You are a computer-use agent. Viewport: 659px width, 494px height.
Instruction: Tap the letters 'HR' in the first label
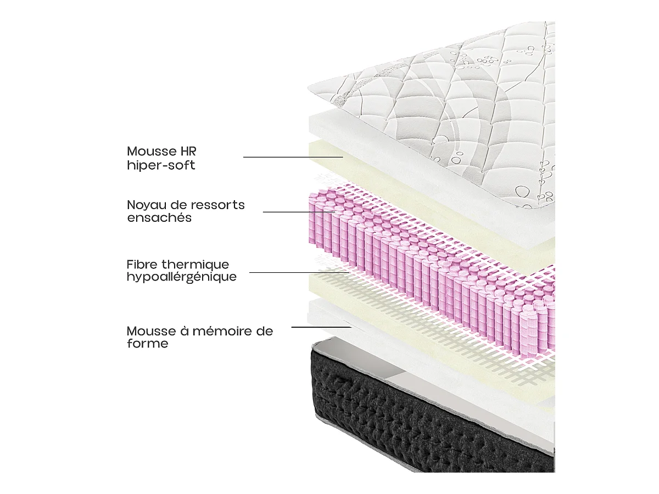point(187,151)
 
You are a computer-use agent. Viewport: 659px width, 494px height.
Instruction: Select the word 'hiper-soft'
point(161,165)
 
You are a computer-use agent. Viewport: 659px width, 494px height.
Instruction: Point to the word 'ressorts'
point(218,205)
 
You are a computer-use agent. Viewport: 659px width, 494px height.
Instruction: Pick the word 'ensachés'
point(159,218)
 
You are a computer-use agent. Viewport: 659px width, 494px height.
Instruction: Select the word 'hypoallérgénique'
point(181,277)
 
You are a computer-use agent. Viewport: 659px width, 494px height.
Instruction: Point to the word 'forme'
point(147,344)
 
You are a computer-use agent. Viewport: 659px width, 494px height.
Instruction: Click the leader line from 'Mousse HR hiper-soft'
point(293,157)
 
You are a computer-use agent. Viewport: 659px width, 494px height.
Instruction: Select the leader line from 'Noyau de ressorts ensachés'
point(299,211)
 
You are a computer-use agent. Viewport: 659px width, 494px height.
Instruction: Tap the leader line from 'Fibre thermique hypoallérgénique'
point(299,272)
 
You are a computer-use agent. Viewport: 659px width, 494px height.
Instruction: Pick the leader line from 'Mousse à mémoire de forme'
point(321,327)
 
